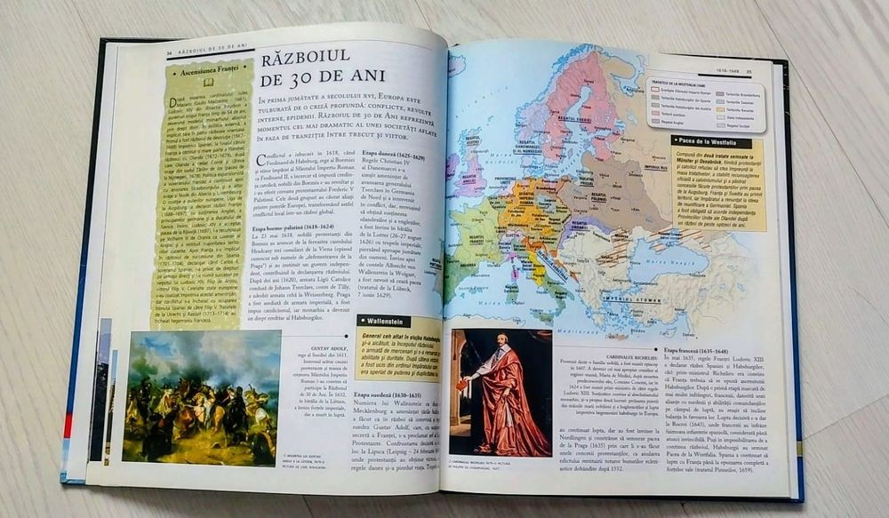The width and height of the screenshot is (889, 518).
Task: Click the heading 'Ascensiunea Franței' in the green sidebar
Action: click(x=212, y=68)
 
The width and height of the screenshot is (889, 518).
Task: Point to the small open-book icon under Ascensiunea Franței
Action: click(x=210, y=81)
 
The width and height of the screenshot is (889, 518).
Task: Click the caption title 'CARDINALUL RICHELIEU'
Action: click(x=597, y=350)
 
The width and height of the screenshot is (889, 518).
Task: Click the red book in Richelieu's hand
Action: click(x=462, y=385)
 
